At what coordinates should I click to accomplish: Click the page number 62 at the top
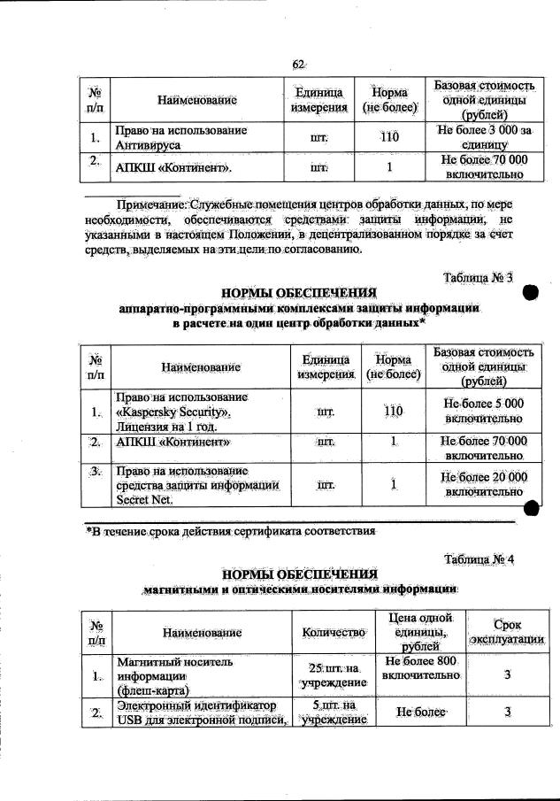tap(298, 64)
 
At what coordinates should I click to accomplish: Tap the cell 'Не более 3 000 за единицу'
tap(483, 137)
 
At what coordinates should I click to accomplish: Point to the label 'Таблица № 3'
tap(478, 279)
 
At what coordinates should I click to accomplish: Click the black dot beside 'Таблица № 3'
tap(531, 294)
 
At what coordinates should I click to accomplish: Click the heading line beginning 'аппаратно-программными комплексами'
tap(301, 309)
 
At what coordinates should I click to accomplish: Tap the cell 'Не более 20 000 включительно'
tap(483, 484)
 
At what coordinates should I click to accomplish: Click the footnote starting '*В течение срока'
tap(230, 532)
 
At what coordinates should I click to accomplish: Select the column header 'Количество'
tap(334, 633)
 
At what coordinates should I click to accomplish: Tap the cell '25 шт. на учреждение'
tap(334, 676)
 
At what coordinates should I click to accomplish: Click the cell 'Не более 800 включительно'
tap(419, 669)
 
